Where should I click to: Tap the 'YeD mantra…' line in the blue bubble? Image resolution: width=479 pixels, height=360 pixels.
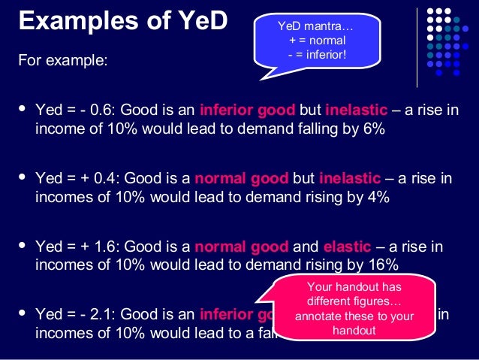pos(318,29)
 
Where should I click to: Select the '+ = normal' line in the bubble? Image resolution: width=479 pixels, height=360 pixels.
pos(318,41)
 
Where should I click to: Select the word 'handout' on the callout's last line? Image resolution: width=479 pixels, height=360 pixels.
pos(354,330)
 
